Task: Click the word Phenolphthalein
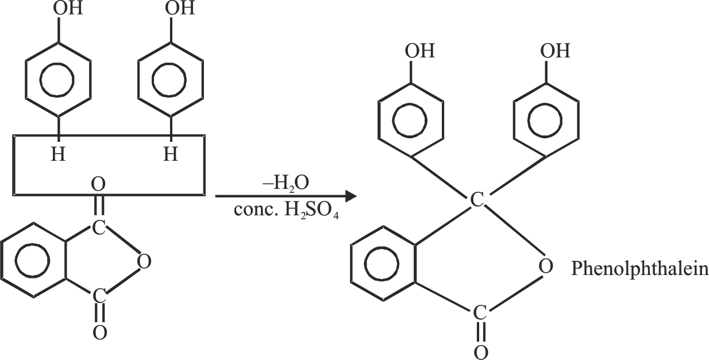(x=639, y=269)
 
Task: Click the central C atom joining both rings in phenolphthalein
(x=477, y=200)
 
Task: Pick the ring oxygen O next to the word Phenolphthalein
(x=546, y=266)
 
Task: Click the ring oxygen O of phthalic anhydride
(x=144, y=262)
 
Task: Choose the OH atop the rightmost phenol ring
(x=555, y=51)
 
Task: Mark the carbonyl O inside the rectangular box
(x=99, y=184)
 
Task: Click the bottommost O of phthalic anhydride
(x=99, y=333)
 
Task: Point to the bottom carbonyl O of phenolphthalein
(x=481, y=351)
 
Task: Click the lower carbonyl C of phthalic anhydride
(x=99, y=296)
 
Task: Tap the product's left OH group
(x=420, y=51)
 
